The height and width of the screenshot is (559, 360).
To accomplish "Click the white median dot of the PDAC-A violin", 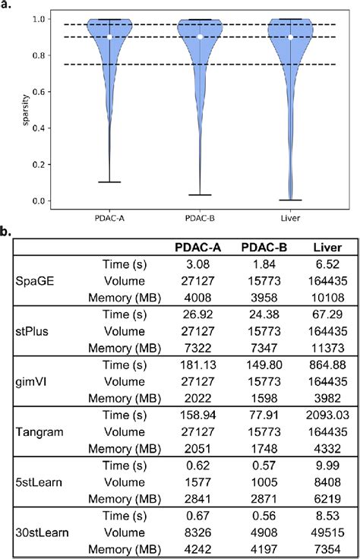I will tap(109, 36).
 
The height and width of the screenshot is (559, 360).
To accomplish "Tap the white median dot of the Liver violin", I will tap(291, 36).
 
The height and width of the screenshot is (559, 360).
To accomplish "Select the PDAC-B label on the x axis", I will tap(200, 217).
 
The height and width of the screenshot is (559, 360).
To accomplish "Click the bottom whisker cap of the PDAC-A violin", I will tap(109, 182).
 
